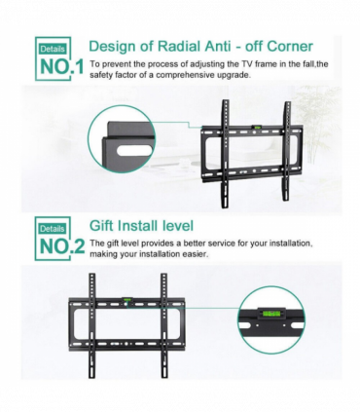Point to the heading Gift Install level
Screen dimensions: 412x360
(141, 225)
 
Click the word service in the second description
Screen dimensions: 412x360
(215, 242)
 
